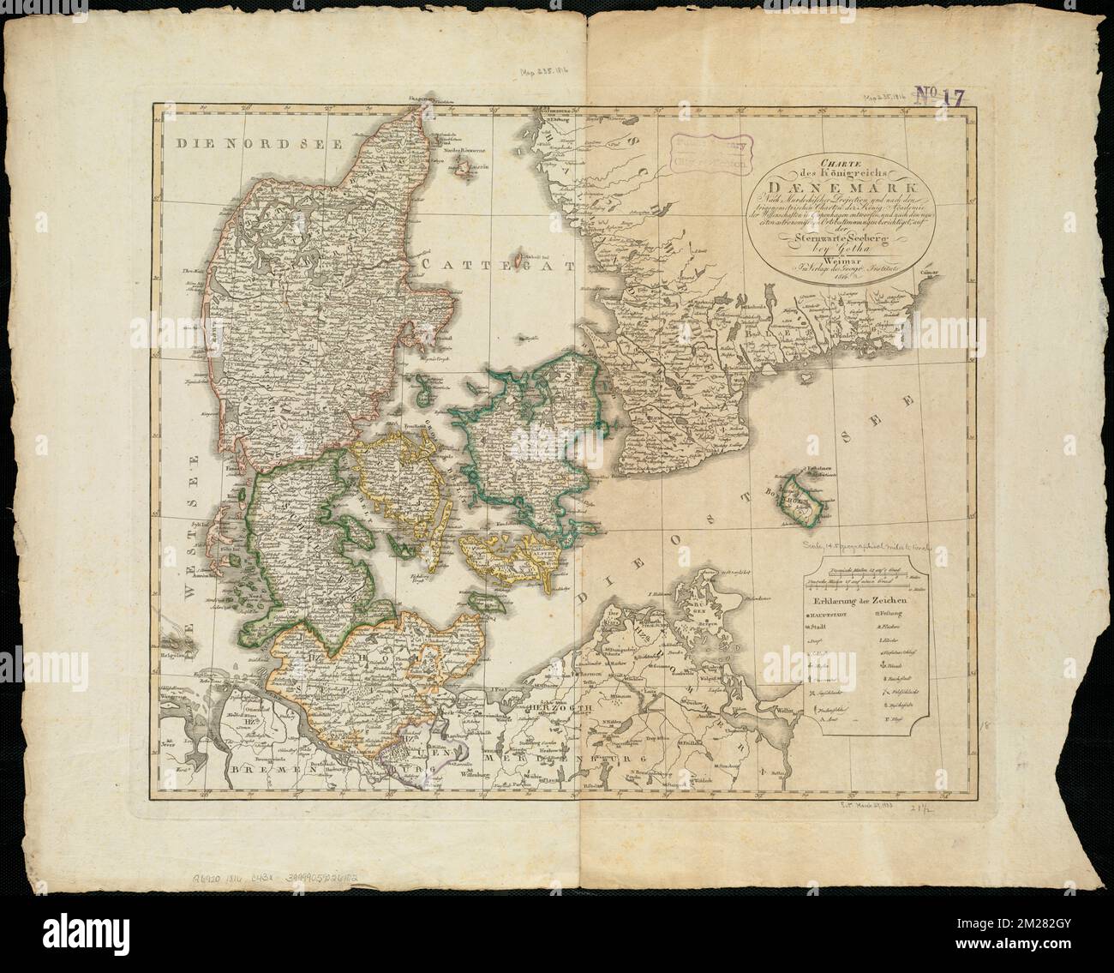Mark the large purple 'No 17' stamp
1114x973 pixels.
pos(940,95)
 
